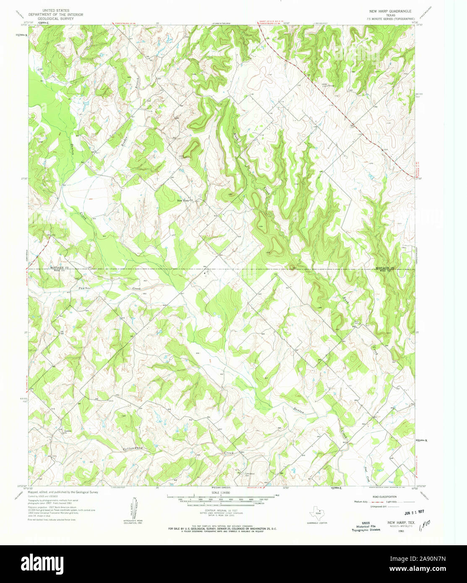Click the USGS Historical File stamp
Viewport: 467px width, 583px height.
pyautogui.click(x=365, y=526)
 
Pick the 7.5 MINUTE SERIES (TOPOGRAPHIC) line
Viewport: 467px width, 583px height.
pyautogui.click(x=390, y=19)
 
